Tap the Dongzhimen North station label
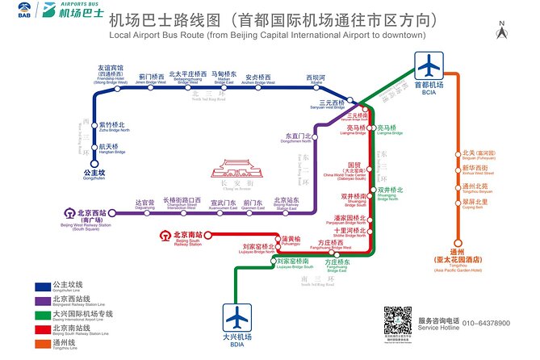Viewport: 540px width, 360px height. [298, 139]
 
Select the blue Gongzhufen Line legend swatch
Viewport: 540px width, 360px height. [44, 287]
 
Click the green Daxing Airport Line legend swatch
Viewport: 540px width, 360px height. [44, 314]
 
